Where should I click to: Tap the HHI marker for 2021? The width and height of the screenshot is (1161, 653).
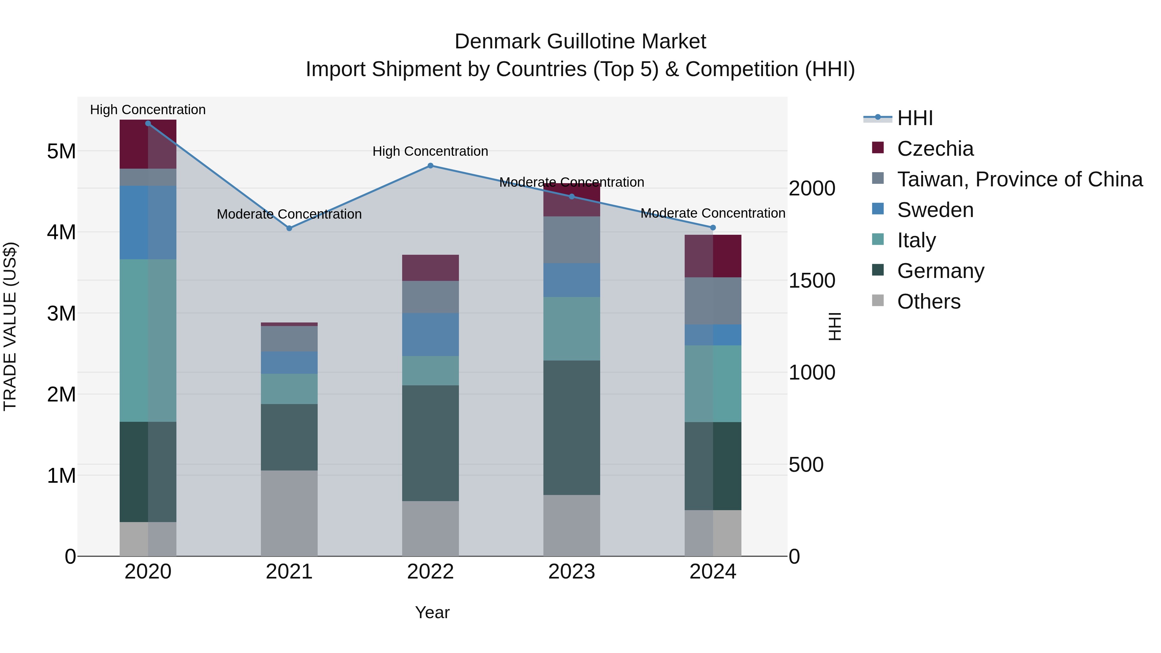tap(289, 229)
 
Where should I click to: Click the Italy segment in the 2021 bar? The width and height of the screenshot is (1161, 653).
tap(289, 389)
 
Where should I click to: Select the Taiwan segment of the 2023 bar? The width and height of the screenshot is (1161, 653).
tap(571, 240)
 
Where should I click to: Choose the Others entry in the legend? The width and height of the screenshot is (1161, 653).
tap(928, 302)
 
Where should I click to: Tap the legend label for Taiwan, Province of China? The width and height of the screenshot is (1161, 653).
tap(1019, 179)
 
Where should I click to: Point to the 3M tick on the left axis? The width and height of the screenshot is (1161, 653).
tap(61, 313)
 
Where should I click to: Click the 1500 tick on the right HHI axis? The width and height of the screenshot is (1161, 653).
tap(812, 281)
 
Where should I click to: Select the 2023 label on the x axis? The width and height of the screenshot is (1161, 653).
tap(571, 572)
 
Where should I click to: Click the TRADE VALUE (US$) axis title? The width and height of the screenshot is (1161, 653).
tap(10, 326)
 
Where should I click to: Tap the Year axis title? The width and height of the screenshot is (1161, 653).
tap(432, 612)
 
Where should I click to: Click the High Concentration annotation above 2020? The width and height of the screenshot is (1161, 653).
tap(148, 110)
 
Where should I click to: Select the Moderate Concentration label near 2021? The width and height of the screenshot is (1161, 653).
tap(289, 214)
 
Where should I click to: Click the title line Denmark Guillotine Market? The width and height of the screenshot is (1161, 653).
tap(580, 42)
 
